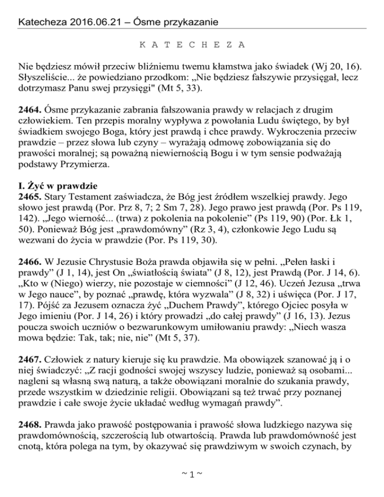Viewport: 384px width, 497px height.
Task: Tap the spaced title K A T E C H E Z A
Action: pyautogui.click(x=191, y=45)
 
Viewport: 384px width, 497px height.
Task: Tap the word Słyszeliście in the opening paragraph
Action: pyautogui.click(x=42, y=78)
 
